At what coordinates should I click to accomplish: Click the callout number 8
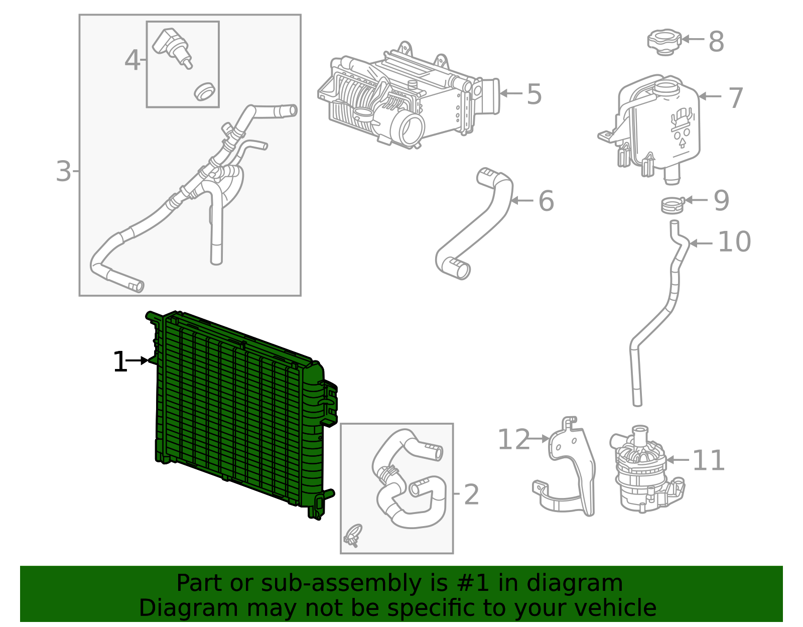[716, 42]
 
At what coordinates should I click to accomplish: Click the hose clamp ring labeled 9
[673, 205]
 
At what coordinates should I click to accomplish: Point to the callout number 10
[734, 242]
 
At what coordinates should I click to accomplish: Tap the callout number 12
[513, 440]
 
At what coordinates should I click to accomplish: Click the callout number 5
[534, 94]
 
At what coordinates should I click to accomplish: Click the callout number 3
[63, 171]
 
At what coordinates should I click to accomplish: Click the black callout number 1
[120, 362]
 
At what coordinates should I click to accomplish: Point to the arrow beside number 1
[137, 360]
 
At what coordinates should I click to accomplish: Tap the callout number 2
[471, 495]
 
